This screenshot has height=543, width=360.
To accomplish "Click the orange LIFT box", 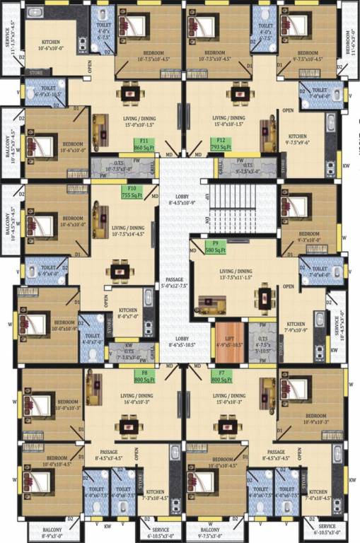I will click(x=228, y=341).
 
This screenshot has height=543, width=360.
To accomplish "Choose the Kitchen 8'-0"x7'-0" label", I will click(x=128, y=314).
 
